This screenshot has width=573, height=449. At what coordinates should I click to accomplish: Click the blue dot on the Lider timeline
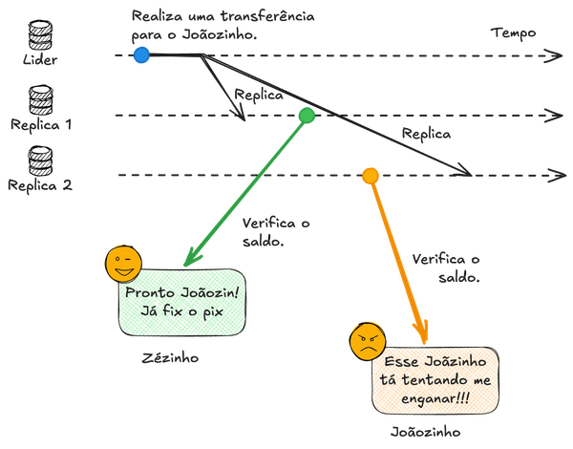pyautogui.click(x=141, y=55)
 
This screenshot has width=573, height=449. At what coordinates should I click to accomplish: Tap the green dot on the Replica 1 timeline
pyautogui.click(x=307, y=116)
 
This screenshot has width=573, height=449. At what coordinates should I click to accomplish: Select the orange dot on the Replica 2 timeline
pyautogui.click(x=371, y=175)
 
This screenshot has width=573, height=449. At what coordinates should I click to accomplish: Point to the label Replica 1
pyautogui.click(x=40, y=124)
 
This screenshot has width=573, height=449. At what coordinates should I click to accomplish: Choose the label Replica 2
pyautogui.click(x=40, y=185)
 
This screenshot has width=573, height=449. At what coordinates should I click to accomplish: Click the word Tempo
pyautogui.click(x=514, y=32)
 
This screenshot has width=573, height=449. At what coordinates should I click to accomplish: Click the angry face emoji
pyautogui.click(x=368, y=341)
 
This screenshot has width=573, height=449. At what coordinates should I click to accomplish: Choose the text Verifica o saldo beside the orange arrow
pyautogui.click(x=447, y=267)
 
